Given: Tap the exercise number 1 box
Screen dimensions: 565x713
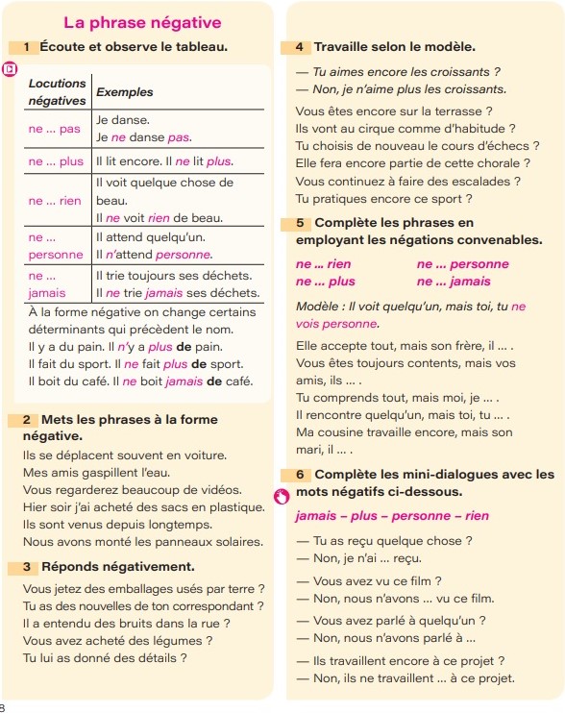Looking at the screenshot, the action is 28,46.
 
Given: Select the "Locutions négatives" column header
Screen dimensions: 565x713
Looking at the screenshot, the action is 56,92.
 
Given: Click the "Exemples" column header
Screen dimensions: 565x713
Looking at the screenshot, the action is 125,92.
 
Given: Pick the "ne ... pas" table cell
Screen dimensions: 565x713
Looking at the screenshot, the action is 56,129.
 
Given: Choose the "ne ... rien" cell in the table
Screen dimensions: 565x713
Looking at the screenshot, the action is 56,201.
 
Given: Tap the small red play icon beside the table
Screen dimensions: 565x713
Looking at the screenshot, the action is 9,69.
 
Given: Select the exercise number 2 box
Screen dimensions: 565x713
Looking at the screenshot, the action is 28,420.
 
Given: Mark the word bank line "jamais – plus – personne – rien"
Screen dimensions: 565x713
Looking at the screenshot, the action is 392,516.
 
